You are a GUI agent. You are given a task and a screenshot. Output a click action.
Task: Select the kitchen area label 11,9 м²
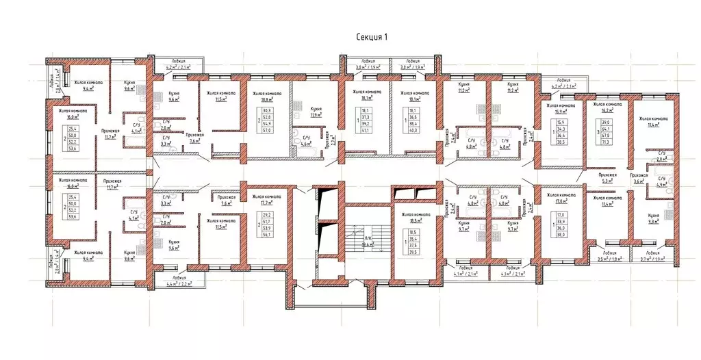pyautogui.click(x=316, y=114)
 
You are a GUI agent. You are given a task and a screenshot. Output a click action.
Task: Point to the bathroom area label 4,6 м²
pyautogui.click(x=305, y=144)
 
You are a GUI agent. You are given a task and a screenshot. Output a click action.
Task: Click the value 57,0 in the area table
pyautogui.click(x=267, y=129)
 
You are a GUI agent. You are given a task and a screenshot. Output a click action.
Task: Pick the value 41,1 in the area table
pyautogui.click(x=366, y=129)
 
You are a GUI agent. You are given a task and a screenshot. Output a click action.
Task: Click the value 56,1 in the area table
pyautogui.click(x=267, y=234)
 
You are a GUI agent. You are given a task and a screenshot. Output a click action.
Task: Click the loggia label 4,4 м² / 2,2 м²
pyautogui.click(x=173, y=282)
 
